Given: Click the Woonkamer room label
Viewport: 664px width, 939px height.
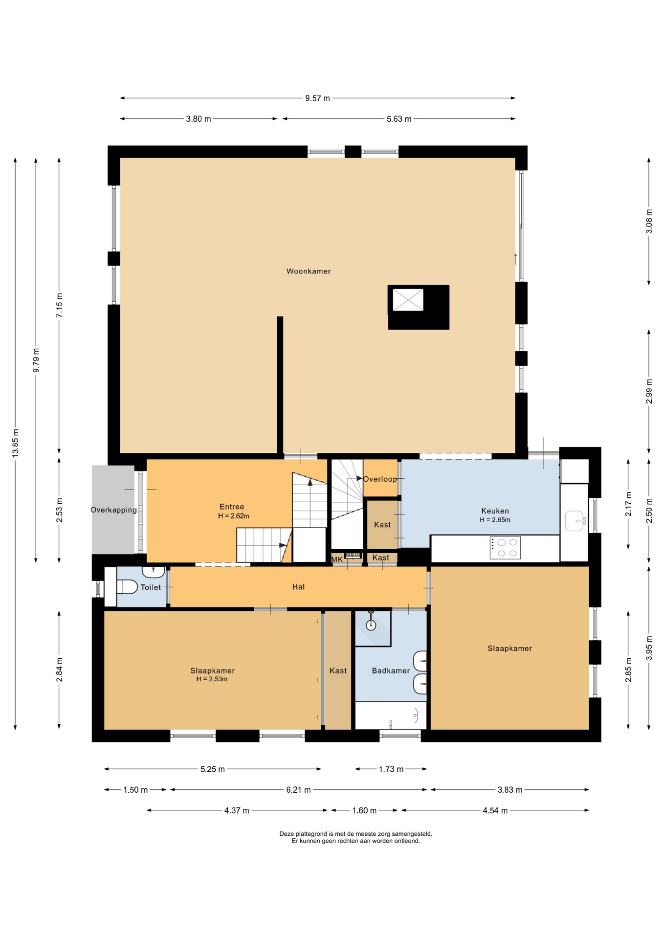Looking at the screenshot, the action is pos(309,271).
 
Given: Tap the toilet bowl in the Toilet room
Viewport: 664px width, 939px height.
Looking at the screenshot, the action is pos(127,586).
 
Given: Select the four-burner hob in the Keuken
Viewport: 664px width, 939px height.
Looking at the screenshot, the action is pos(505,548).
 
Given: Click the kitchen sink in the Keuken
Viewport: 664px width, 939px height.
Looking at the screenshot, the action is pos(575,521).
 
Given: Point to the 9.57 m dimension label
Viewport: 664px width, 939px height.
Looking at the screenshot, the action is pos(318,98).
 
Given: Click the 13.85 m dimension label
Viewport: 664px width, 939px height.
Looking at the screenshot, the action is pos(16,443).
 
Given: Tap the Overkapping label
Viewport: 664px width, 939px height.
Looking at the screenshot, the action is pos(113,510).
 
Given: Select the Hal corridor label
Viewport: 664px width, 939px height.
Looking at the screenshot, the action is pos(298,587).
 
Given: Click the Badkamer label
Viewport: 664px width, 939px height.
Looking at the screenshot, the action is pos(391,671).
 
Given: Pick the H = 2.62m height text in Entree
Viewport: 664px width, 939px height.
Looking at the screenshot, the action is pos(234,516).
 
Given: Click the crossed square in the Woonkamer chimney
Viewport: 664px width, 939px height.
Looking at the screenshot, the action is pos(408,300).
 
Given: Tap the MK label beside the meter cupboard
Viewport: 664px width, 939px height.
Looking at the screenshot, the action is pos(337,559).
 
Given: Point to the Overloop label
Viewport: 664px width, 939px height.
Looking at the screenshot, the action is pos(380,479).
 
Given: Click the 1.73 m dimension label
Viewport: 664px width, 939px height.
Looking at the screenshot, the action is pos(391,769).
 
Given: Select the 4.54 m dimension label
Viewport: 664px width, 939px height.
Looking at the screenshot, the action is pos(495,810).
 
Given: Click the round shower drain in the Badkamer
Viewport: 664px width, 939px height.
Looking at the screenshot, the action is pos(371,625).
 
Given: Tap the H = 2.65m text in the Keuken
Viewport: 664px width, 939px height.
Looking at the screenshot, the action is pos(495,520).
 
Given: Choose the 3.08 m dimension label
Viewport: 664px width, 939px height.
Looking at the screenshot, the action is pos(649,221).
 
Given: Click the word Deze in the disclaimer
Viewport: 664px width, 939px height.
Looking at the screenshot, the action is pos(287,834).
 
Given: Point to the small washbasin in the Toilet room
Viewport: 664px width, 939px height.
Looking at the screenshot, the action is pos(154,572).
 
